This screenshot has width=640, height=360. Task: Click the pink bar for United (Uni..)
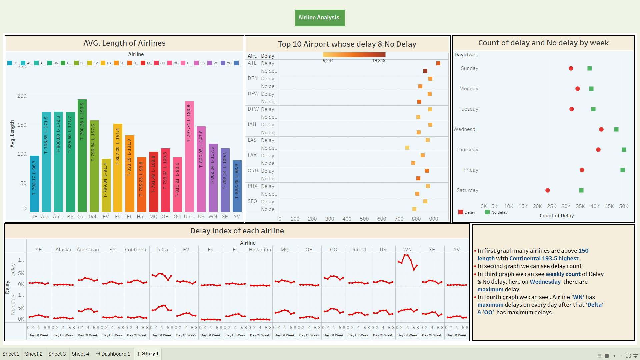click(x=189, y=156)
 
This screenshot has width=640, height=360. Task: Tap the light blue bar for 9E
click(x=34, y=183)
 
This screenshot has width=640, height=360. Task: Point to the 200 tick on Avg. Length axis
click(x=22, y=96)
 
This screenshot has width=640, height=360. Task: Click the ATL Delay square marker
click(x=438, y=63)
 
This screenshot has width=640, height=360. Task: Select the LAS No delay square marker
click(x=407, y=148)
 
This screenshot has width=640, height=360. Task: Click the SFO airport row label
click(x=252, y=201)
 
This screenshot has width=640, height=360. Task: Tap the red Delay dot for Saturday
click(x=548, y=190)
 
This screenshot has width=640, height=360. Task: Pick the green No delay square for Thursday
click(x=624, y=150)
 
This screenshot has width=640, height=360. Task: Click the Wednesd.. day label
click(x=466, y=129)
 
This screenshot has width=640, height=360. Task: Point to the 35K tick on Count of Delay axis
click(x=580, y=206)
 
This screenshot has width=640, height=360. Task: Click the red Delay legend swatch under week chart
click(x=461, y=212)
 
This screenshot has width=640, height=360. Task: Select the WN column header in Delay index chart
click(x=407, y=250)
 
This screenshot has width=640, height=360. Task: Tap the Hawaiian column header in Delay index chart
click(x=260, y=250)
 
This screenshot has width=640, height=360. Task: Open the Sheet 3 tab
click(x=57, y=354)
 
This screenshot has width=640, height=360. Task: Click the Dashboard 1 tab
click(x=113, y=354)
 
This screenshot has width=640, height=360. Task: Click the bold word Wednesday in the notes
click(x=545, y=282)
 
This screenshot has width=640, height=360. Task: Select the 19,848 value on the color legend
click(x=379, y=61)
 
